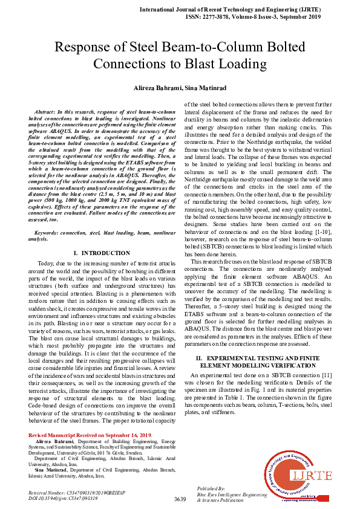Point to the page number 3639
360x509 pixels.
coord(180,499)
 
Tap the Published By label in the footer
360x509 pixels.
coord(211,488)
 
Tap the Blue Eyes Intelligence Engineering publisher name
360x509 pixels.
coord(232,494)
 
